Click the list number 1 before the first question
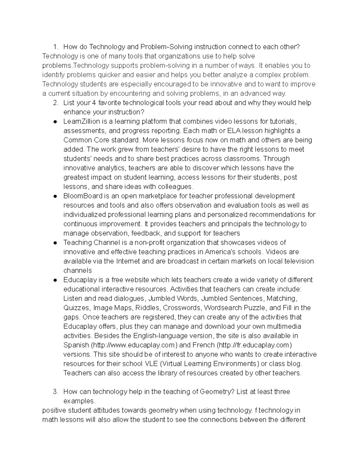click(55, 47)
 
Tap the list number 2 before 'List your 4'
click(55, 103)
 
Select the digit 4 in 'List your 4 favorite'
click(94, 103)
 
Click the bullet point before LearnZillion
click(55, 122)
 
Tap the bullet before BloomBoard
click(55, 196)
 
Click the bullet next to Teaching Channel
click(55, 243)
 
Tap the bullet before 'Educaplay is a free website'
click(55, 280)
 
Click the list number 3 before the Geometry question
click(55, 392)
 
